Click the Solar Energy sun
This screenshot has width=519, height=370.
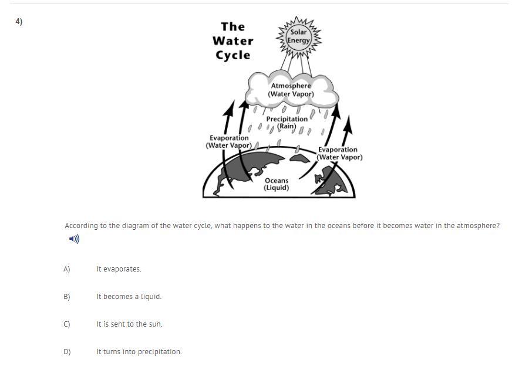tap(299, 36)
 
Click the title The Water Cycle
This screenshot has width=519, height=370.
tap(233, 40)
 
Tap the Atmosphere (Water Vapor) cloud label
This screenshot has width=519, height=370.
tap(291, 90)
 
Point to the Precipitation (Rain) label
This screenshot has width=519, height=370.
tap(287, 123)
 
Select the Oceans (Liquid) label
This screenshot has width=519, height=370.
tap(277, 184)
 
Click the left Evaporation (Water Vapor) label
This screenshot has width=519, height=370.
tap(229, 141)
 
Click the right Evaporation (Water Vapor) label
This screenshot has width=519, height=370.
tap(339, 154)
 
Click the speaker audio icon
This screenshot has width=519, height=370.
tap(74, 239)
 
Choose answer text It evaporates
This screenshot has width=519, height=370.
tap(119, 269)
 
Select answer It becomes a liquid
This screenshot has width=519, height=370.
tap(129, 297)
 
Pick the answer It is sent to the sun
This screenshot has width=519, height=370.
tap(129, 324)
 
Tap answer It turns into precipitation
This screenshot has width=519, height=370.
tap(139, 352)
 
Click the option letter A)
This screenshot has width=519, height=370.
tap(67, 269)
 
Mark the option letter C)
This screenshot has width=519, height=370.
tap(67, 324)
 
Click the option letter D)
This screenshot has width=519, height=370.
tap(67, 352)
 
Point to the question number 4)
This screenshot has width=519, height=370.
tap(19, 22)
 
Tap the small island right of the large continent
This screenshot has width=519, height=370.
tap(299, 158)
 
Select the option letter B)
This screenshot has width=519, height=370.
tap(67, 297)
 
